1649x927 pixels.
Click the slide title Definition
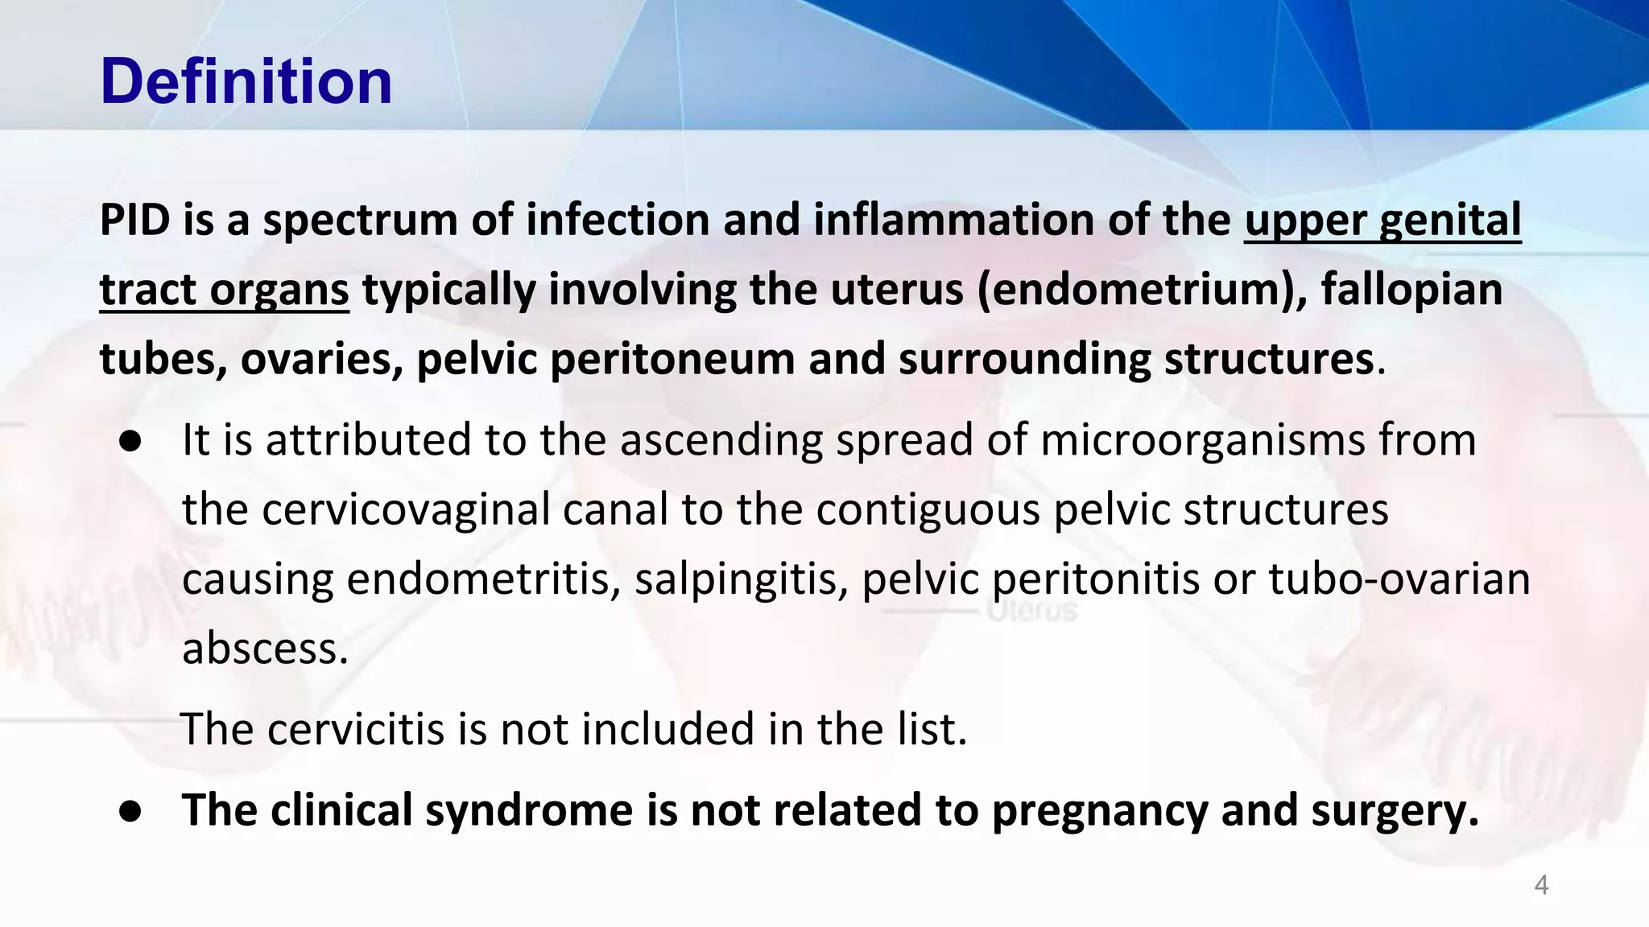[x=246, y=81]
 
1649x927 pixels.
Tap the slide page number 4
[x=1541, y=885]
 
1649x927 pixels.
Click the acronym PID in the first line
[x=134, y=220]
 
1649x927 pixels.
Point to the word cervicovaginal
[x=406, y=509]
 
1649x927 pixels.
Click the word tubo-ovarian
[x=1399, y=579]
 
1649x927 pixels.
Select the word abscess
[x=265, y=649]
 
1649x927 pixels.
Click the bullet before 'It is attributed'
[x=130, y=441]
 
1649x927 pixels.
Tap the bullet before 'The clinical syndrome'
[x=130, y=811]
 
